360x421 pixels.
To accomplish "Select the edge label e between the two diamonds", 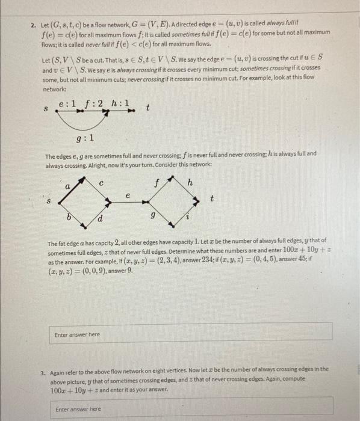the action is pos(128,195).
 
